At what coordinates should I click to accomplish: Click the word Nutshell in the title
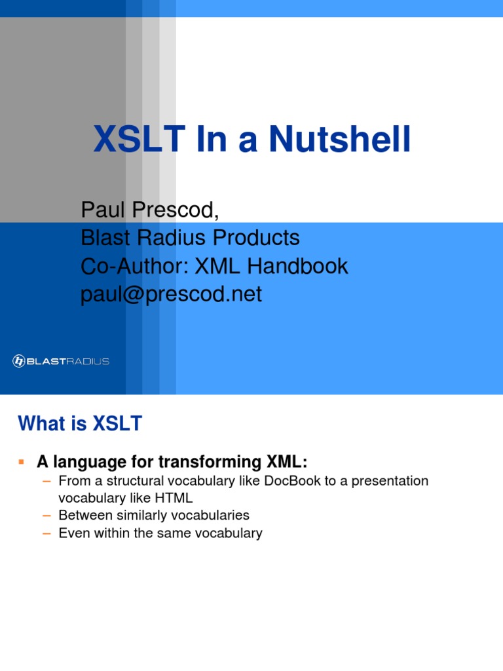(x=340, y=139)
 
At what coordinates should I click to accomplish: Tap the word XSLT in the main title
(x=140, y=139)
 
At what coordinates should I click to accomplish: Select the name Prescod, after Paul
(x=175, y=210)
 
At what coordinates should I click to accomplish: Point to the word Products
(x=256, y=237)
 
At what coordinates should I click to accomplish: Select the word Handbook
(x=298, y=266)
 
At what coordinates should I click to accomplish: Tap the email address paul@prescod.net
(x=171, y=294)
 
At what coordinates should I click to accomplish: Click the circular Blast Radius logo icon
(x=19, y=361)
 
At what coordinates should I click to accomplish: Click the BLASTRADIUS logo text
(x=68, y=362)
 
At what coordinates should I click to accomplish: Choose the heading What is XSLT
(x=80, y=423)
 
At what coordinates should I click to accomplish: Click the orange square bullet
(x=22, y=462)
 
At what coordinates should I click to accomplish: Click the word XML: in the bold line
(x=287, y=462)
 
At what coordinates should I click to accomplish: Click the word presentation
(x=390, y=482)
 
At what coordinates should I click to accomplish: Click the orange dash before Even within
(x=47, y=533)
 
